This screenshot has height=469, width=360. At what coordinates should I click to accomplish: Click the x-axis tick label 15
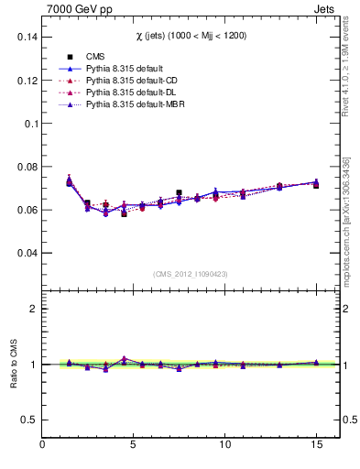[316, 446]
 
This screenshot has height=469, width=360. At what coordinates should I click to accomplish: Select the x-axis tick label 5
[134, 446]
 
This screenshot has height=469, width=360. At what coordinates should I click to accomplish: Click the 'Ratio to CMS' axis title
[13, 365]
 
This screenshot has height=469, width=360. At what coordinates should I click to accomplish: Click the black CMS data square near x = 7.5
[179, 193]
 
